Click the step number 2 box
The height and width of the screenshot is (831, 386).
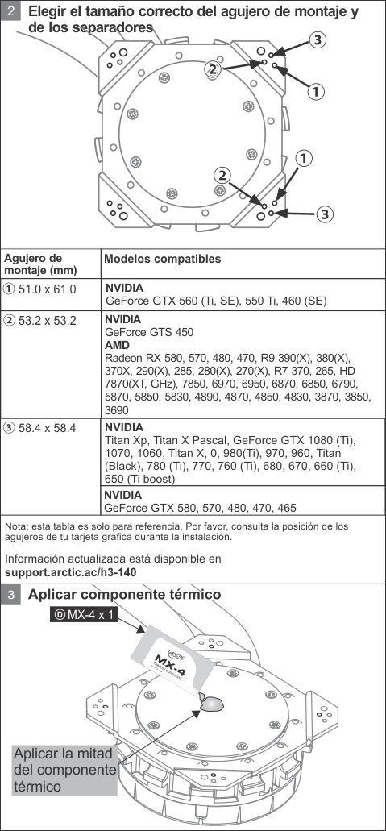[10, 14]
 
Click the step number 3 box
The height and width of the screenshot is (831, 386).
[10, 596]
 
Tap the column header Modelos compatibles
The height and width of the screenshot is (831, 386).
[161, 260]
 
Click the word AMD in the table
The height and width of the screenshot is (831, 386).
[118, 344]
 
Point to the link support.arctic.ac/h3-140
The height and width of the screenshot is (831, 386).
[71, 572]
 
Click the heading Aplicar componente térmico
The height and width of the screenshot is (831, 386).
[124, 595]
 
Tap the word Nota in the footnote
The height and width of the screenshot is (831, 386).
[17, 526]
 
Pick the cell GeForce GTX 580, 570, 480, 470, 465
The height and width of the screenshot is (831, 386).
[200, 508]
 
